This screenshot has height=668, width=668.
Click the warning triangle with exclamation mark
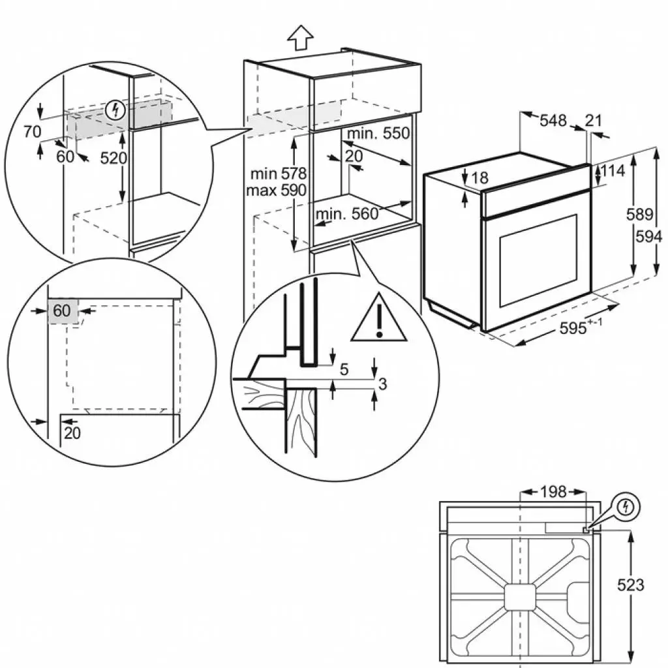[x=378, y=319]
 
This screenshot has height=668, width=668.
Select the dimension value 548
[x=553, y=120]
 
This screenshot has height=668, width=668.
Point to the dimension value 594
[x=648, y=235]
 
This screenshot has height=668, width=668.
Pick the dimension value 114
[x=612, y=171]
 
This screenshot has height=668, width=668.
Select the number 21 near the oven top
[x=593, y=120]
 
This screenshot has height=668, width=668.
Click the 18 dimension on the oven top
[x=479, y=177]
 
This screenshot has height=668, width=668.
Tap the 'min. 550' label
[x=378, y=134]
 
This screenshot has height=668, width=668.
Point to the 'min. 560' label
[x=347, y=214]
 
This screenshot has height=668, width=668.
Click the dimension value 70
[x=32, y=132]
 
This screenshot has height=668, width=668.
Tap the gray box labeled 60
[x=62, y=311]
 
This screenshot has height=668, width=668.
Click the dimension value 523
[x=631, y=584]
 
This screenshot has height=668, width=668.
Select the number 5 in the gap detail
[x=344, y=369]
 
